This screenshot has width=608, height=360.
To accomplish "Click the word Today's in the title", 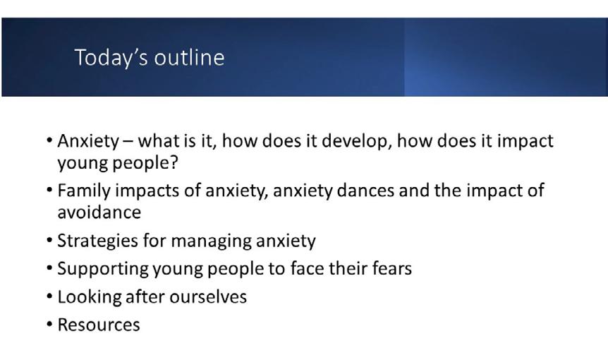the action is (x=111, y=58).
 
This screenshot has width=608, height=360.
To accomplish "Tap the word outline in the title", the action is (x=189, y=57).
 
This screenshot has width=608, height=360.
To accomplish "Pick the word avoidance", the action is (x=99, y=212).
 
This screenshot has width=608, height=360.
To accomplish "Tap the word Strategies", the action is (x=97, y=241).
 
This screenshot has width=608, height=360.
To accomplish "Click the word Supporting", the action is (x=103, y=269).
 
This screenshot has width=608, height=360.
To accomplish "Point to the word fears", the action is (x=392, y=268).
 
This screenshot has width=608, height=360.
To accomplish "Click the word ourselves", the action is (x=208, y=297).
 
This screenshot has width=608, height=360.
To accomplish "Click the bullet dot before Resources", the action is (x=49, y=324).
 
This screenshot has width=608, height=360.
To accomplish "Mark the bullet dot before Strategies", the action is (x=49, y=240).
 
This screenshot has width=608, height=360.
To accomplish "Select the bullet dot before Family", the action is (x=49, y=190).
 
